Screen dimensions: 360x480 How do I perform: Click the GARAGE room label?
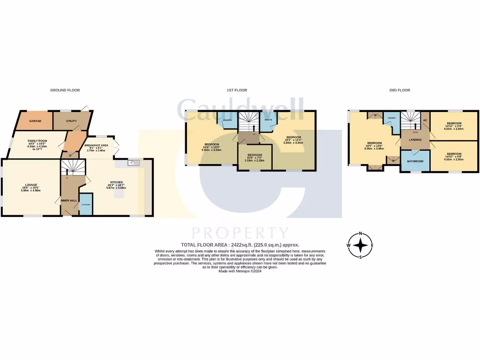click(35, 121)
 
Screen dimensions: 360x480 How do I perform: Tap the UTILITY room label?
click(71, 121)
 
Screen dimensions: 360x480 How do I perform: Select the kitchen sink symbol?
click(134, 163)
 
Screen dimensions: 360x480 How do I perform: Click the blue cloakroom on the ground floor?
click(86, 204)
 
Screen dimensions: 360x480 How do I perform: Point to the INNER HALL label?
click(69, 201)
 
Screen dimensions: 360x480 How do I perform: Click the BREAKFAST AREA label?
click(97, 146)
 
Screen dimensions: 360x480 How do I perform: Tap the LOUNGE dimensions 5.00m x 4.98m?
click(31, 191)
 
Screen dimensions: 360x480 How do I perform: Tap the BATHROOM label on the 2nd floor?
click(415, 161)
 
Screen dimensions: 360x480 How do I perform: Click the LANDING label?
click(415, 140)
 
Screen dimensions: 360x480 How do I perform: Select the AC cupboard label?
click(425, 120)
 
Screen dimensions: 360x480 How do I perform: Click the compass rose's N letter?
click(360, 233)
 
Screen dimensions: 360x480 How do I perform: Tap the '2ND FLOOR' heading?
click(399, 90)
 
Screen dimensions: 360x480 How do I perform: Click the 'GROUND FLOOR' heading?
click(65, 90)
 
